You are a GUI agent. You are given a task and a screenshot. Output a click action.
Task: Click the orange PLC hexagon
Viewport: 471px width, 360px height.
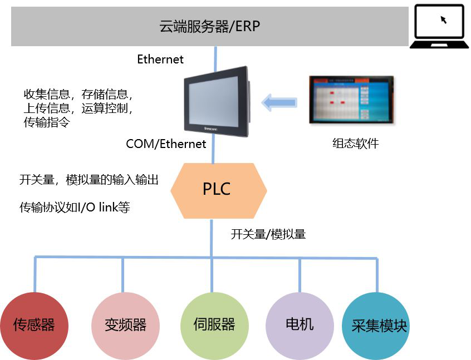click(x=218, y=190)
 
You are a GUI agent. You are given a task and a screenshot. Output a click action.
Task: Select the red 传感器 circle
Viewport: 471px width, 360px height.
click(x=35, y=325)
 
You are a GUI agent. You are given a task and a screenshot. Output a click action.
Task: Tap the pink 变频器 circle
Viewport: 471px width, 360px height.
click(x=125, y=325)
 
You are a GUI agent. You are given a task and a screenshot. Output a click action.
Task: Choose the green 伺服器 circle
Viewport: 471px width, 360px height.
click(x=214, y=325)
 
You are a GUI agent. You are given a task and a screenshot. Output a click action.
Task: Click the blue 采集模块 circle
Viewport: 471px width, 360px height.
click(x=379, y=326)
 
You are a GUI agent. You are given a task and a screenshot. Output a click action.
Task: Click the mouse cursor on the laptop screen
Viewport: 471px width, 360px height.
click(x=444, y=20)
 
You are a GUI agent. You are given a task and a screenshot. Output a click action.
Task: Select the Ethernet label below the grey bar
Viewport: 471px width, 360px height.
click(x=160, y=60)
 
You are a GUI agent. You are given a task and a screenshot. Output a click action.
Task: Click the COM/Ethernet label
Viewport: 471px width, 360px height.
click(x=166, y=144)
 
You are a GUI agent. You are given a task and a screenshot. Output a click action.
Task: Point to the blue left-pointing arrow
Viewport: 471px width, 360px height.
click(x=279, y=102)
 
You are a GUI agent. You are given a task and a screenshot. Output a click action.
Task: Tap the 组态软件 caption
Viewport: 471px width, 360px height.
click(x=355, y=144)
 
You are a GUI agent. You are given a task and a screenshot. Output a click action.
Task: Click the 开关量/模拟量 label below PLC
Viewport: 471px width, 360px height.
click(x=268, y=234)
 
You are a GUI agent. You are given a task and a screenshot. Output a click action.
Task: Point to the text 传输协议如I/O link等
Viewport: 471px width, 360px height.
click(x=75, y=208)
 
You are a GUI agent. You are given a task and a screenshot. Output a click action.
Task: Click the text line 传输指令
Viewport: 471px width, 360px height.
click(x=46, y=122)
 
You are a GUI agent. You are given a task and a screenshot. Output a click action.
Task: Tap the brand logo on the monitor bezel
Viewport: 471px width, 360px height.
click(x=218, y=131)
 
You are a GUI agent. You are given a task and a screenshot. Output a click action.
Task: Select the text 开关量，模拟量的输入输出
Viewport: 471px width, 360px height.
click(x=89, y=180)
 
